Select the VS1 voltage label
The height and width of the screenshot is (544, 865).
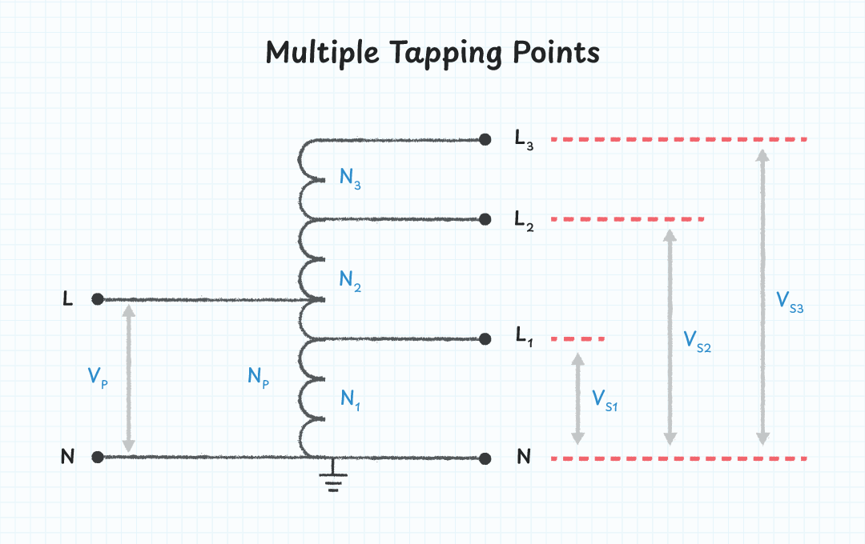click(604, 399)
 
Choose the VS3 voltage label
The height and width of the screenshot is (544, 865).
click(790, 301)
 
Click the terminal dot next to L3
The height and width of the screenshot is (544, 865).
click(485, 139)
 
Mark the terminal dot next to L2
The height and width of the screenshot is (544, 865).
click(485, 219)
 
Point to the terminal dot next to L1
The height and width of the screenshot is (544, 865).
click(485, 339)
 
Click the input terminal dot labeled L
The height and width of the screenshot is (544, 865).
click(97, 299)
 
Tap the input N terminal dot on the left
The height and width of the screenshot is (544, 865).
click(97, 458)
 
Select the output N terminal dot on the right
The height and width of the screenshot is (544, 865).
click(485, 458)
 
